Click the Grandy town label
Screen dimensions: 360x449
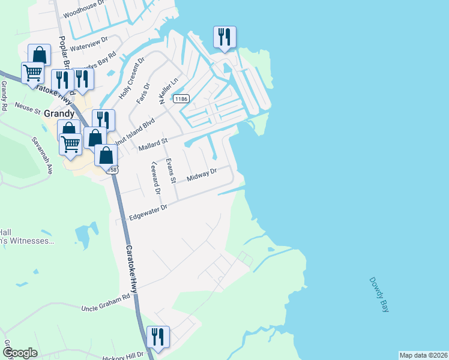point(58,113)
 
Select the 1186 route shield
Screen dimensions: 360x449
point(181,98)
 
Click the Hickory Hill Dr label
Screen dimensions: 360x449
point(124,355)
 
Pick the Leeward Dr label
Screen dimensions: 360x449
point(156,178)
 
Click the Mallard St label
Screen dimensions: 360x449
point(151,145)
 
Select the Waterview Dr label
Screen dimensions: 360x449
point(89,43)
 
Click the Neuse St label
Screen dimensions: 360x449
point(27,110)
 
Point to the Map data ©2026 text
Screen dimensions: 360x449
point(423,355)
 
